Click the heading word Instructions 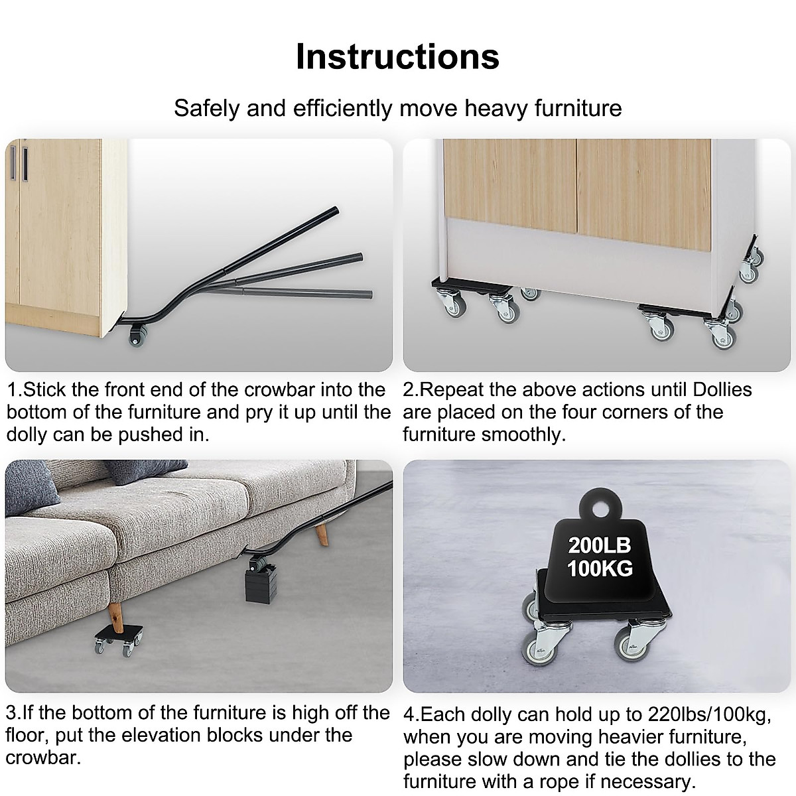[x=397, y=56]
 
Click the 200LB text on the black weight [x=599, y=545]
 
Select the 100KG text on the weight [x=599, y=568]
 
